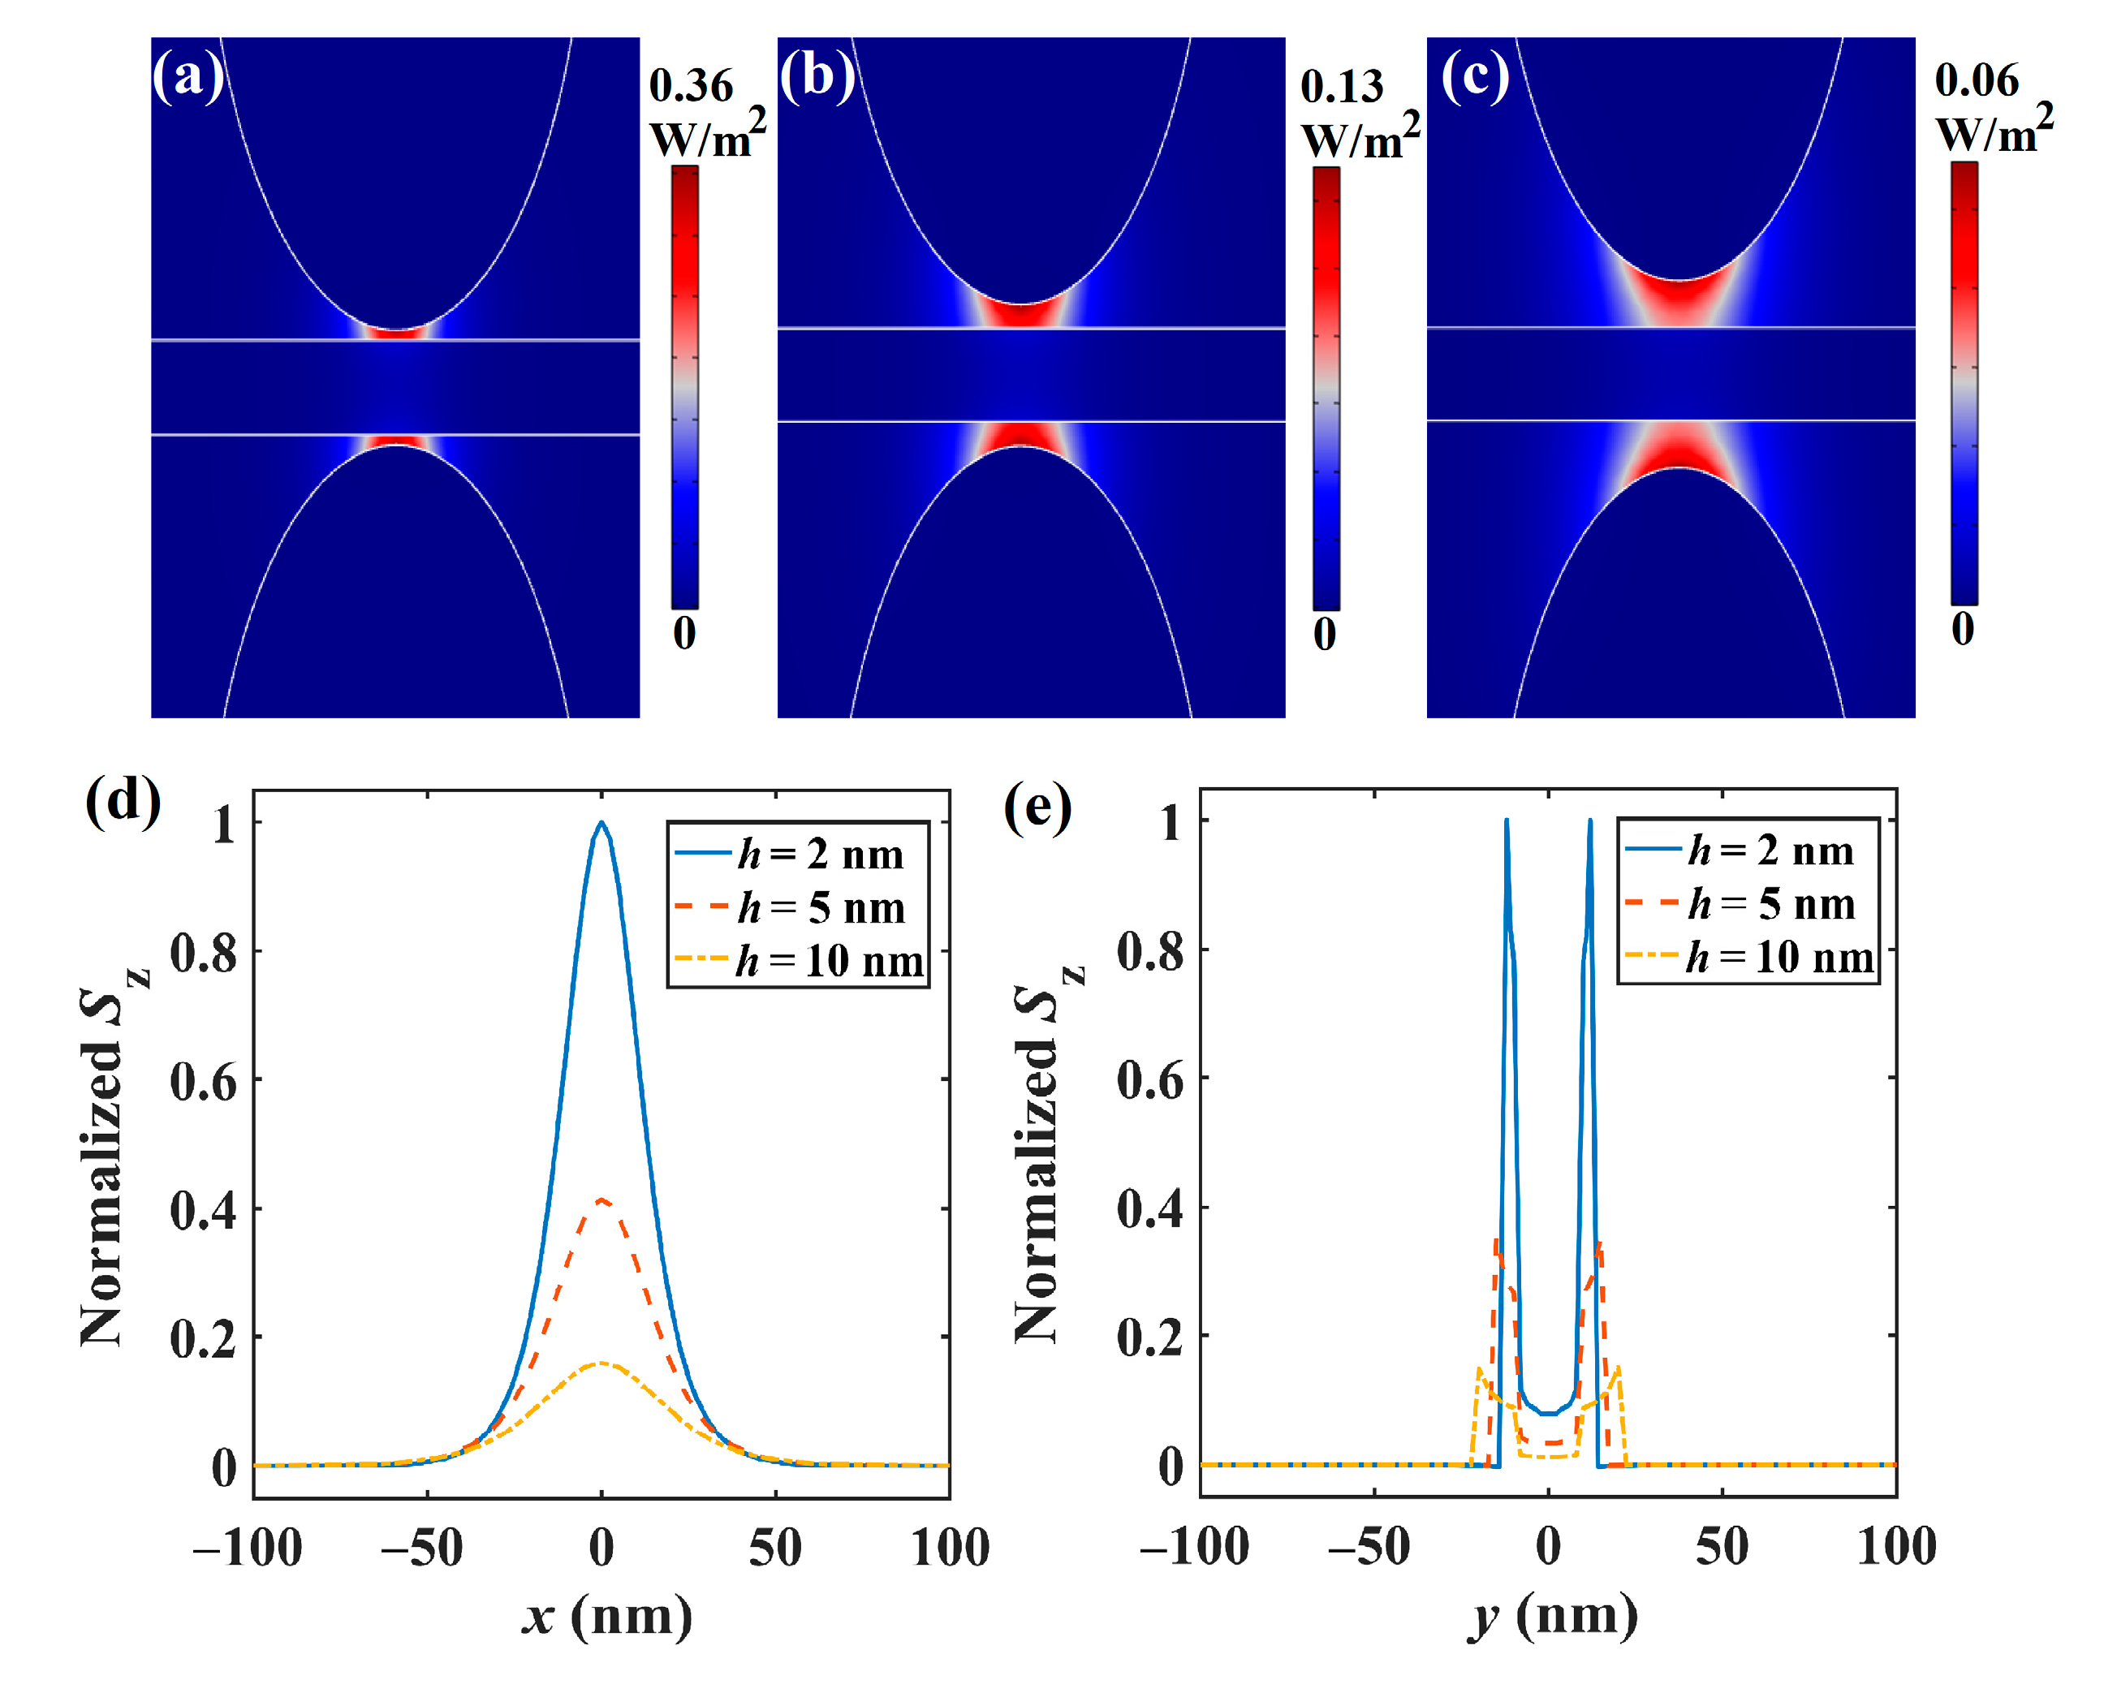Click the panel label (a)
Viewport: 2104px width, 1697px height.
point(187,76)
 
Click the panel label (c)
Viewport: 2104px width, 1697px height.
point(1474,76)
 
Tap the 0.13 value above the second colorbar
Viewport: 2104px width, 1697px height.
point(1342,87)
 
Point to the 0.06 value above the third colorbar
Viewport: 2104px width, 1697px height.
point(1976,80)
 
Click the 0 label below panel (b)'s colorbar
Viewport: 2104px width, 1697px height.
point(1324,634)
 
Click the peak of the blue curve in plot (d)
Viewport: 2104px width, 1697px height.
point(601,822)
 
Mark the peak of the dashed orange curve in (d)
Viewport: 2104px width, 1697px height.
point(601,1200)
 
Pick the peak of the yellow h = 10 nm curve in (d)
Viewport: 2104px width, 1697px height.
point(601,1362)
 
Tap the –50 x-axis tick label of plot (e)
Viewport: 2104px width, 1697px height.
point(1371,1547)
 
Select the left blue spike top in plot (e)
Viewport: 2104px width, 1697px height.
point(1506,821)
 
